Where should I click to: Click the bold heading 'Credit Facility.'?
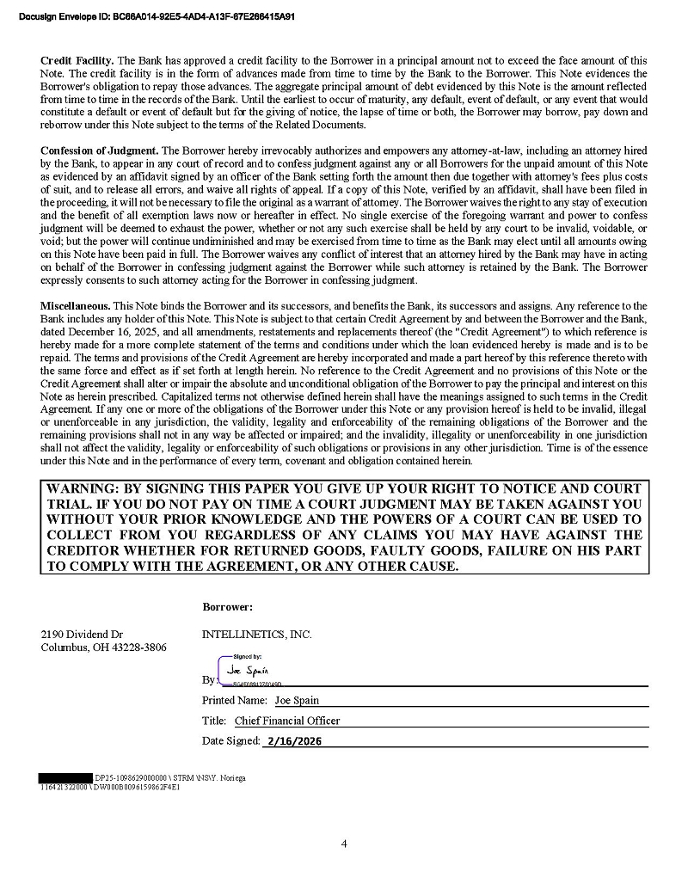77,61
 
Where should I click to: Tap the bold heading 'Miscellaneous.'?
75,306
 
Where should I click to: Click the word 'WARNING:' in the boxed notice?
83,489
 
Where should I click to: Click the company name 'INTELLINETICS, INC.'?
256,635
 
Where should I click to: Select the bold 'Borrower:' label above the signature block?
228,607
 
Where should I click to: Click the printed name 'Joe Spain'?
297,701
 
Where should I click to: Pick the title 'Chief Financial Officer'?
287,721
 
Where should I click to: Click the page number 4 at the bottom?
344,844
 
